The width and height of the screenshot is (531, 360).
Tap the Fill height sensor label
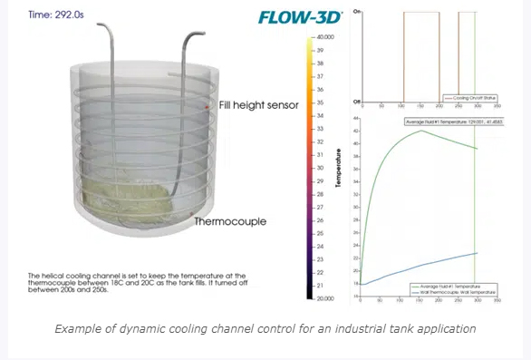258,105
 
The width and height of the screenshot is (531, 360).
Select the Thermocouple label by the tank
231,220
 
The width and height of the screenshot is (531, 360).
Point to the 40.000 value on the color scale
325,36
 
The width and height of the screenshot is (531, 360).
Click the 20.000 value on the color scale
325,298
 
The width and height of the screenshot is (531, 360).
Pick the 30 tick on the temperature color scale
320,168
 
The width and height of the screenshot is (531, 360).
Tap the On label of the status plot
357,11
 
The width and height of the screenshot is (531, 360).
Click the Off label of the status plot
357,101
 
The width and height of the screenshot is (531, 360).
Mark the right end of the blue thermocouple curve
478,253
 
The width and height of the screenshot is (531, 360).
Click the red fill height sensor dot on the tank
208,109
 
